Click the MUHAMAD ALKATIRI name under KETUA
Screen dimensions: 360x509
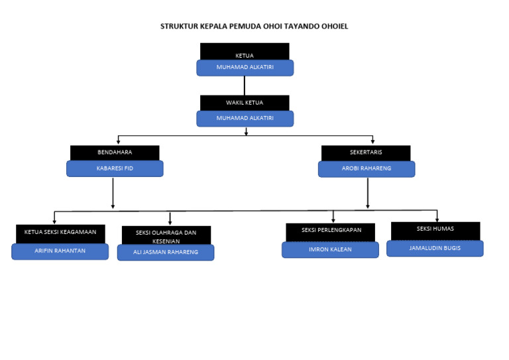click(245, 68)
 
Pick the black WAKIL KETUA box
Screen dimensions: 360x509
click(245, 103)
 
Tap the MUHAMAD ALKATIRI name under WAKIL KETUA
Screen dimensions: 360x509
click(245, 118)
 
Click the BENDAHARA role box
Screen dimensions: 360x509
click(115, 152)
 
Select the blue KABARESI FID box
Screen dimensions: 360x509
click(115, 168)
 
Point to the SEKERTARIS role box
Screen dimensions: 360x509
click(366, 152)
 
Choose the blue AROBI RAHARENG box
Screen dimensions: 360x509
click(366, 168)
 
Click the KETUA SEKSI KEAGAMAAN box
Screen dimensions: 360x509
click(60, 233)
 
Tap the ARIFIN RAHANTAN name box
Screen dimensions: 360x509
click(60, 251)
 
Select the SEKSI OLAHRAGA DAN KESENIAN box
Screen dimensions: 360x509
click(166, 235)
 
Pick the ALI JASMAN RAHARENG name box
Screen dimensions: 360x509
click(166, 252)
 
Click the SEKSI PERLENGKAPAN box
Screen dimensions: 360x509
click(331, 231)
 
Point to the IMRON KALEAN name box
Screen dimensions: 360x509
click(331, 249)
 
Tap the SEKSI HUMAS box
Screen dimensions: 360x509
click(435, 229)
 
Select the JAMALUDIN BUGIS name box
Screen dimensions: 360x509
click(435, 248)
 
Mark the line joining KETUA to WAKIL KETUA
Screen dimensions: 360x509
click(245, 86)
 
